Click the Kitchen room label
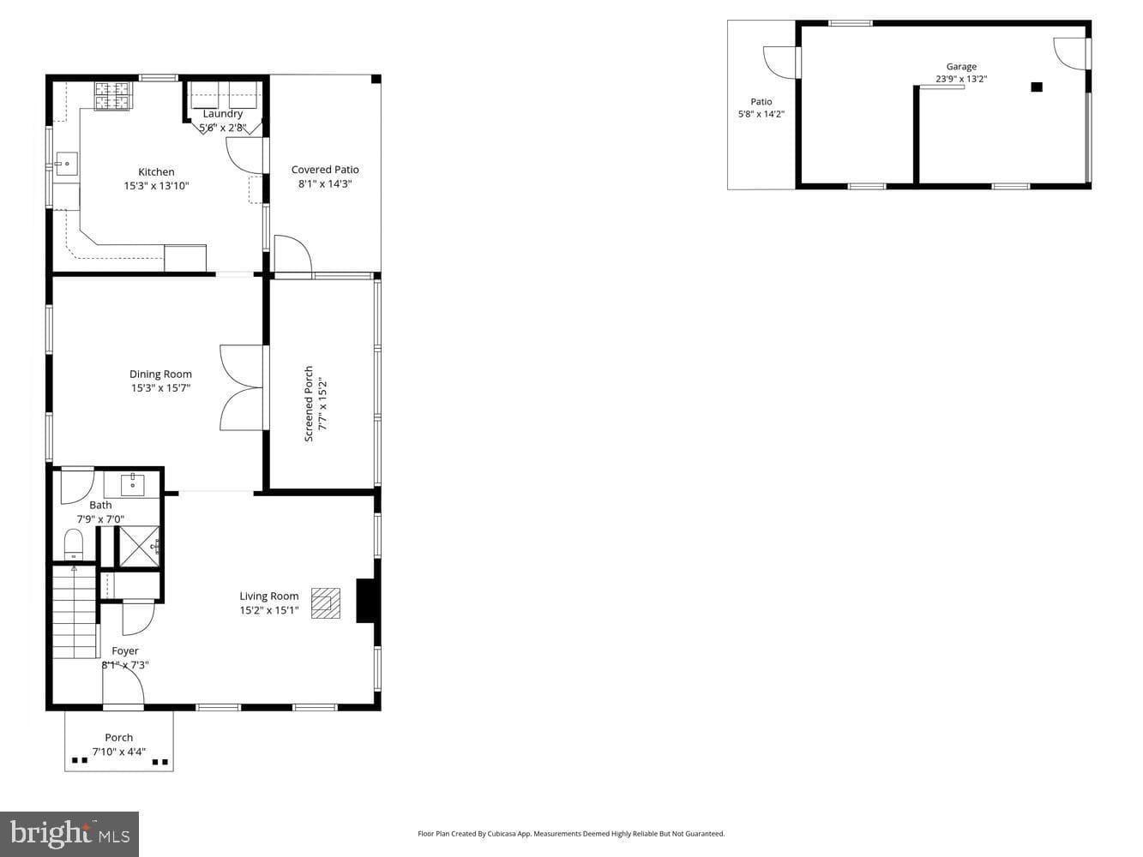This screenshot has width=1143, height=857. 156,171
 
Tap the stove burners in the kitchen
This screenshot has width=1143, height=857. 111,96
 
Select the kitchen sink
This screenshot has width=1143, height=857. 67,164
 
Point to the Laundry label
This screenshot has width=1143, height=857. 222,113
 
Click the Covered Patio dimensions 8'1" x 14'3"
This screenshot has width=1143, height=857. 325,183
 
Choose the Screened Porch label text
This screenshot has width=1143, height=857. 309,404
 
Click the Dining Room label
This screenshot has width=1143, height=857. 160,374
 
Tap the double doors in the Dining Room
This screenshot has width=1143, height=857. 242,387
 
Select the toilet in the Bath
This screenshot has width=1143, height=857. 74,544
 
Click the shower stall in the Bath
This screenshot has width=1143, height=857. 139,547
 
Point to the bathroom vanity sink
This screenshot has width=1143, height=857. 133,484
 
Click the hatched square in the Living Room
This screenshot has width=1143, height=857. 326,603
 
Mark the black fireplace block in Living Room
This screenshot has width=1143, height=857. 366,600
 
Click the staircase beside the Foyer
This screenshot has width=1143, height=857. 75,613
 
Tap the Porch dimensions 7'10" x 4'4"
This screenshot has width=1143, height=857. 118,752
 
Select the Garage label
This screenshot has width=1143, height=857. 961,67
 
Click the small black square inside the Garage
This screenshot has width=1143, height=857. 1037,87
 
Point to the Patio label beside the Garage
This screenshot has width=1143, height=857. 761,101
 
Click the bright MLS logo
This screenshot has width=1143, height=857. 69,834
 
